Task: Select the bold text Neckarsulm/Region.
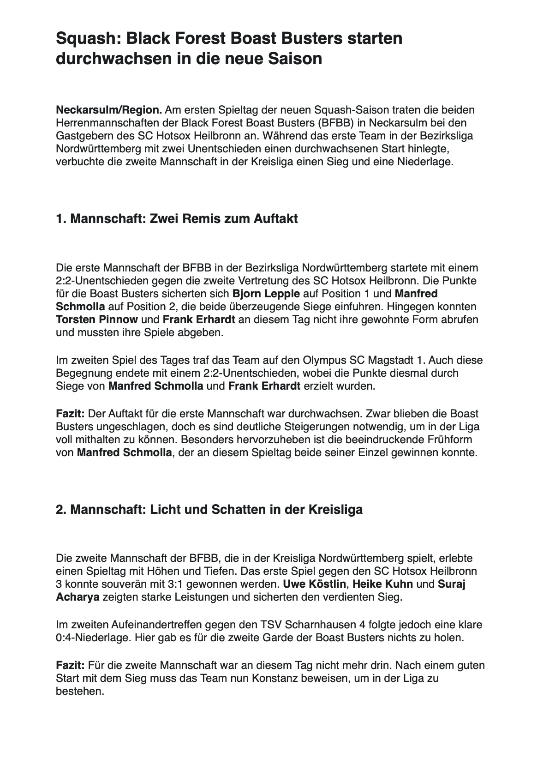coord(109,110)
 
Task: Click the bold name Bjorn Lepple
coord(266,294)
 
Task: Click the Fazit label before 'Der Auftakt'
coord(70,413)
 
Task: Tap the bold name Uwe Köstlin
coord(314,584)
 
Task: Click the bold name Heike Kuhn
coord(382,584)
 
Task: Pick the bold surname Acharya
coord(78,597)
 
